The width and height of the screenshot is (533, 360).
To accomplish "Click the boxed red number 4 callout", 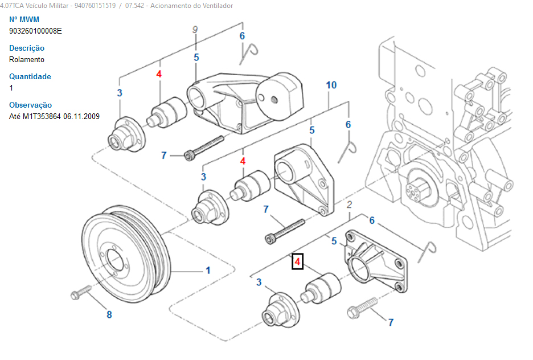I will (x=297, y=262).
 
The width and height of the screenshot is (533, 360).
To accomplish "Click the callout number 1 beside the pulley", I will (x=208, y=271).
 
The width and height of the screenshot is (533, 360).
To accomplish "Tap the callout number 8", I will (x=109, y=314).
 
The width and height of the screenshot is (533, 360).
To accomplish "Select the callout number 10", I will (x=331, y=85).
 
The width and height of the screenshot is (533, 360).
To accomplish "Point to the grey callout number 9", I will (x=195, y=29).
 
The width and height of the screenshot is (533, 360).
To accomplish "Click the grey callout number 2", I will (x=349, y=204).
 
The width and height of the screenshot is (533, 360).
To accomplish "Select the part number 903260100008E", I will (x=35, y=31).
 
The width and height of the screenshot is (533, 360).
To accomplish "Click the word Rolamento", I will (x=27, y=59).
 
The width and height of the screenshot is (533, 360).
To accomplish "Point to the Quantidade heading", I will (x=30, y=76).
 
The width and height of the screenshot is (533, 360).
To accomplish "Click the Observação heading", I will (x=30, y=105).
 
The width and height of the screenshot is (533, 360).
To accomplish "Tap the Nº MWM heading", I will (x=24, y=19).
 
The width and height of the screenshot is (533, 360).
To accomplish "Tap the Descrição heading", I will (x=27, y=48).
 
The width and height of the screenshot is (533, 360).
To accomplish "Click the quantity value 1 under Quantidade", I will (x=11, y=88).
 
